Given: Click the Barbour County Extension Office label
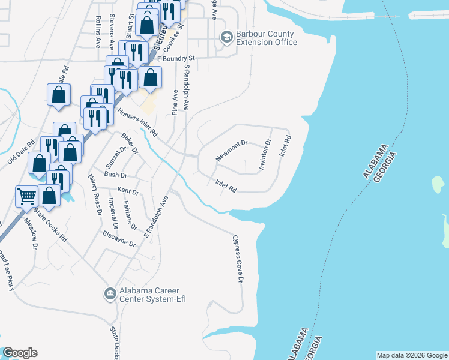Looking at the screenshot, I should coord(266,38).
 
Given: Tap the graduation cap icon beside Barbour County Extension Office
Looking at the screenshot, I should coord(226,38).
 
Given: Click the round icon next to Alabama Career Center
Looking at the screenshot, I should coord(110,293).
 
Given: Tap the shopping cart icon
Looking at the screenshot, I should coord(26,196).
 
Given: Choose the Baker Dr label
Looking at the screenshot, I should coord(130,142).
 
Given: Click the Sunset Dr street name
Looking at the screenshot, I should coord(116,157).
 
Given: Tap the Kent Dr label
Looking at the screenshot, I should coord(128,192).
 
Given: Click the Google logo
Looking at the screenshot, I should coord(20,353).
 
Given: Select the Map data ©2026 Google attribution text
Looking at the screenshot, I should coord(411,355).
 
